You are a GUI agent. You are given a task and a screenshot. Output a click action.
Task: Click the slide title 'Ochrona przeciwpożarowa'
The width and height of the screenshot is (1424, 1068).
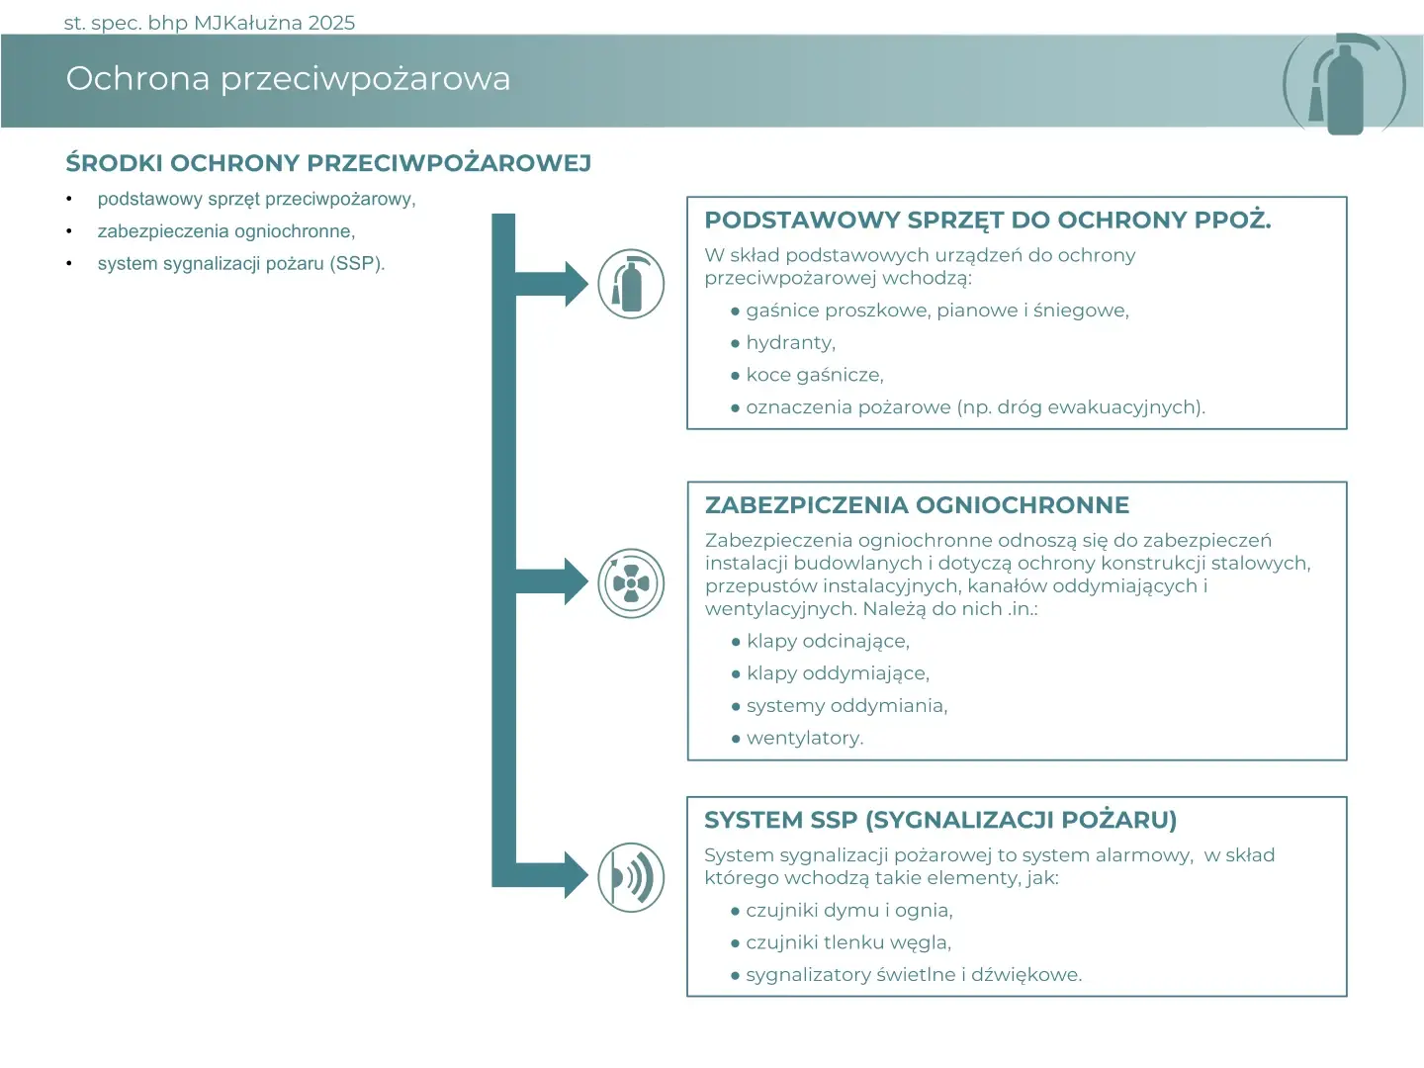(x=288, y=78)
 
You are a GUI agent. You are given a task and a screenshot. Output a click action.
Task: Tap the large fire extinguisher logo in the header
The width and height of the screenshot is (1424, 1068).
(x=1344, y=85)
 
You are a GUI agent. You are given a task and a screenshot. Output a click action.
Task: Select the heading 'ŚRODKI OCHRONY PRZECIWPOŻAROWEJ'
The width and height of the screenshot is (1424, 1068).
(x=328, y=163)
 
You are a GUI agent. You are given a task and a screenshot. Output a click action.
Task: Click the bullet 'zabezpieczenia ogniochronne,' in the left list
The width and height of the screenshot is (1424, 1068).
(x=225, y=231)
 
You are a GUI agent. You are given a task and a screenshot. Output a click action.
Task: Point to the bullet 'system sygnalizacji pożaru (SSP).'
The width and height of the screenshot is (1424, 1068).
(x=240, y=264)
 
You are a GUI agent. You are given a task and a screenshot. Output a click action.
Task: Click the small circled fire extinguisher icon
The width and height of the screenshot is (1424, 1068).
(x=631, y=284)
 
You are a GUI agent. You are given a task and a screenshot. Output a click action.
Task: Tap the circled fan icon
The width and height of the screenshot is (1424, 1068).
(x=631, y=583)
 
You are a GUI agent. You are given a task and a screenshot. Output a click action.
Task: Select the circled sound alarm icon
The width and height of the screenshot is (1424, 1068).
(x=631, y=877)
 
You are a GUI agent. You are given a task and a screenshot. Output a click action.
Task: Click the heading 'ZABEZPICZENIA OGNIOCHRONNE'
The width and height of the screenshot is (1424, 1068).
(x=917, y=505)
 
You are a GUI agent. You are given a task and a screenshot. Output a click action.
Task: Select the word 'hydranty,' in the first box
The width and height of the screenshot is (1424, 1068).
(x=790, y=343)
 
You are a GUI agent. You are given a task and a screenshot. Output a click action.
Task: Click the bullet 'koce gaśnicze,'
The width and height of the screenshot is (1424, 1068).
(x=814, y=376)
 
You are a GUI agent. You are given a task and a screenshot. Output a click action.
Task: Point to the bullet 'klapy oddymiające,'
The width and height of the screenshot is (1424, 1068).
(x=838, y=673)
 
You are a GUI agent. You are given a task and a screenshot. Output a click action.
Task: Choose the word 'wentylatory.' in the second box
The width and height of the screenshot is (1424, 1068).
(x=804, y=738)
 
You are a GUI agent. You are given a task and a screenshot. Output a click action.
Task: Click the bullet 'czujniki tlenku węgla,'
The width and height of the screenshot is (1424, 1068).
(x=847, y=942)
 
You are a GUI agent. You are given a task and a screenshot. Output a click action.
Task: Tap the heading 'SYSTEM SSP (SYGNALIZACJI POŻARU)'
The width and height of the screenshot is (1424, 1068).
(x=939, y=820)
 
